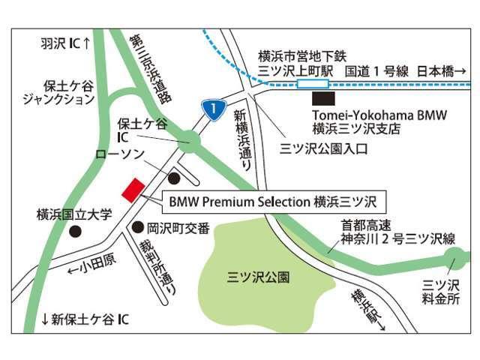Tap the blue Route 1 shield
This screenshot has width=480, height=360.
tap(214, 110)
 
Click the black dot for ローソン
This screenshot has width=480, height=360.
tap(174, 178)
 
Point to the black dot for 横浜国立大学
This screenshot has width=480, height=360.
tap(75, 232)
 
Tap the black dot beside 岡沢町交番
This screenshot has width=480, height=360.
tap(137, 226)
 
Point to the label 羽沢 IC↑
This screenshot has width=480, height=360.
tap(65, 43)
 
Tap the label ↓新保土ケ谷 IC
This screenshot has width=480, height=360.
tap(85, 319)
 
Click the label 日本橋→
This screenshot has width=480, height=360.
tap(440, 71)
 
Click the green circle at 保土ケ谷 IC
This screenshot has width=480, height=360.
tap(190, 140)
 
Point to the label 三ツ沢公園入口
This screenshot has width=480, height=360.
tap(323, 148)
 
